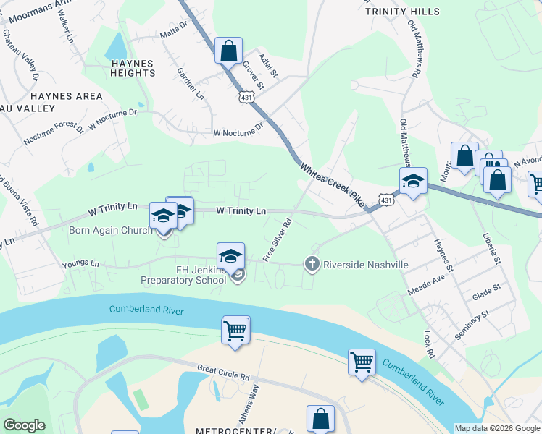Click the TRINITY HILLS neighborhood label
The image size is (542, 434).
coord(402,12)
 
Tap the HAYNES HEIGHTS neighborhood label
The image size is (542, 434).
coord(133,69)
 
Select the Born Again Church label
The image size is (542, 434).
coord(111,231)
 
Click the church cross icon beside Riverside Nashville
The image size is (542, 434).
coord(312,264)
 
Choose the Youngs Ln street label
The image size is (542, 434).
coord(80,263)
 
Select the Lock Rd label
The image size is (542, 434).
coord(428,346)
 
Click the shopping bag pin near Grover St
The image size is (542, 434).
coord(229,52)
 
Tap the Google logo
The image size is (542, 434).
coord(24,425)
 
